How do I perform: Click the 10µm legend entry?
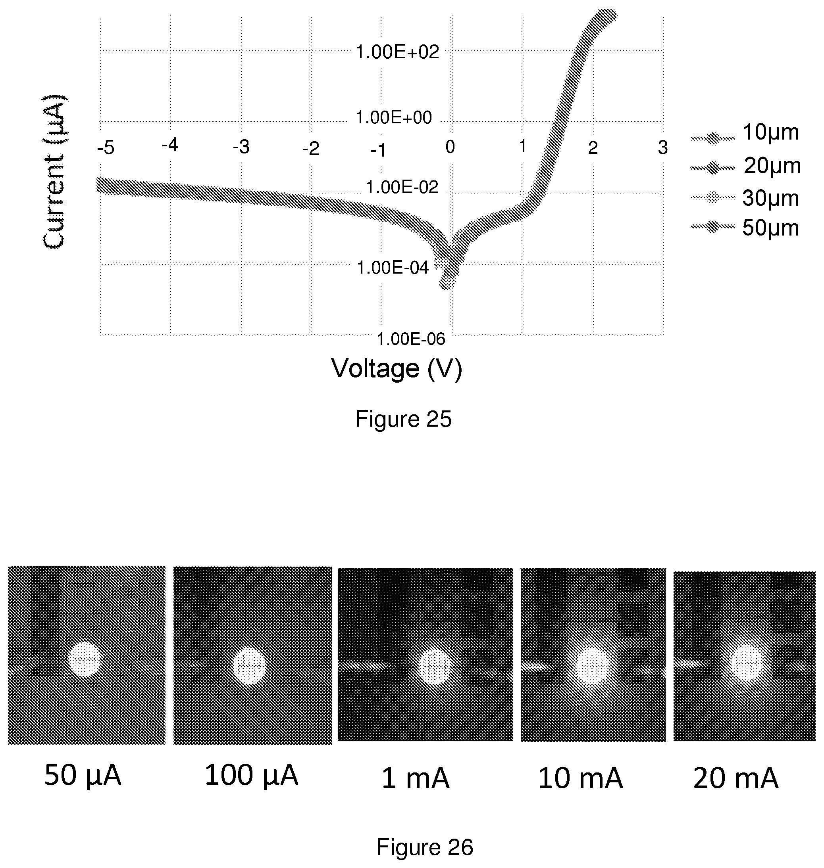(745, 133)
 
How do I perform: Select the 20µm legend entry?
(746, 166)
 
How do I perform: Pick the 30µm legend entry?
(745, 198)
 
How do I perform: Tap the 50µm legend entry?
(745, 228)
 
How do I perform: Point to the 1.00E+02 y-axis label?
(397, 52)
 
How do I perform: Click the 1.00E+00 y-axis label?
(394, 118)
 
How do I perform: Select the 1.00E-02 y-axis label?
(402, 188)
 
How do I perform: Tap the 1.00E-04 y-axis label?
(392, 267)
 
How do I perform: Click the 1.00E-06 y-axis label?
(411, 339)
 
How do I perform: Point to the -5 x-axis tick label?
(106, 148)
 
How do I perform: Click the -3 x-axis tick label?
(241, 147)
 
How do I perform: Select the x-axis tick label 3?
(663, 148)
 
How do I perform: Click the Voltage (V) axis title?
(397, 369)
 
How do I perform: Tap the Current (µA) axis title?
(54, 171)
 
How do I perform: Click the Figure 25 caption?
(403, 419)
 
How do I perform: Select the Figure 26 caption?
(424, 847)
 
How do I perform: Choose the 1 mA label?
(415, 778)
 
